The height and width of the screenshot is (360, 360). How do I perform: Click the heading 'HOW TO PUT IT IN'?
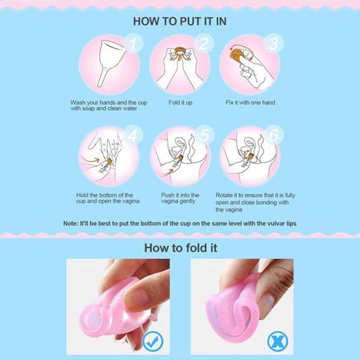(x=180, y=21)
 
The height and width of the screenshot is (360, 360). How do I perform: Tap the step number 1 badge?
(x=133, y=43)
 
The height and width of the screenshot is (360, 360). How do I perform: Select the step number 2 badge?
(x=204, y=43)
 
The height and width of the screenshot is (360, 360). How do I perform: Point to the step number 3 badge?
(x=274, y=43)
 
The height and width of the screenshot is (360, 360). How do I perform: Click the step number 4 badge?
(x=133, y=135)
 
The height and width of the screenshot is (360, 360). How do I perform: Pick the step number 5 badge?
(x=205, y=135)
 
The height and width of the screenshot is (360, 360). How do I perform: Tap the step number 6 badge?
(x=274, y=135)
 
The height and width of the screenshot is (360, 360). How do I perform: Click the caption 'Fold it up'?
(x=180, y=103)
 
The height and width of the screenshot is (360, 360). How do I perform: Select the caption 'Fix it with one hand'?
(x=250, y=103)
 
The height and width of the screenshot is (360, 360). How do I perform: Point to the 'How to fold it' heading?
(x=181, y=248)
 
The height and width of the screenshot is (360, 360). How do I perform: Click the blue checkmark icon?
(x=153, y=341)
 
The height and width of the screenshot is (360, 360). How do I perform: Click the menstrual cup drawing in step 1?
(x=111, y=62)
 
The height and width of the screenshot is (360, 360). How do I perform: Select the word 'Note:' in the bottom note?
(x=71, y=223)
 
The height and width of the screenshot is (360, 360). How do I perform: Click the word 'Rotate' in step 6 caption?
(x=224, y=195)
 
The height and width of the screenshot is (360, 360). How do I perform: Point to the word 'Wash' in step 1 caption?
(x=77, y=103)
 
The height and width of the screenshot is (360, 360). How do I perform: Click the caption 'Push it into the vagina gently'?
(x=180, y=198)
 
